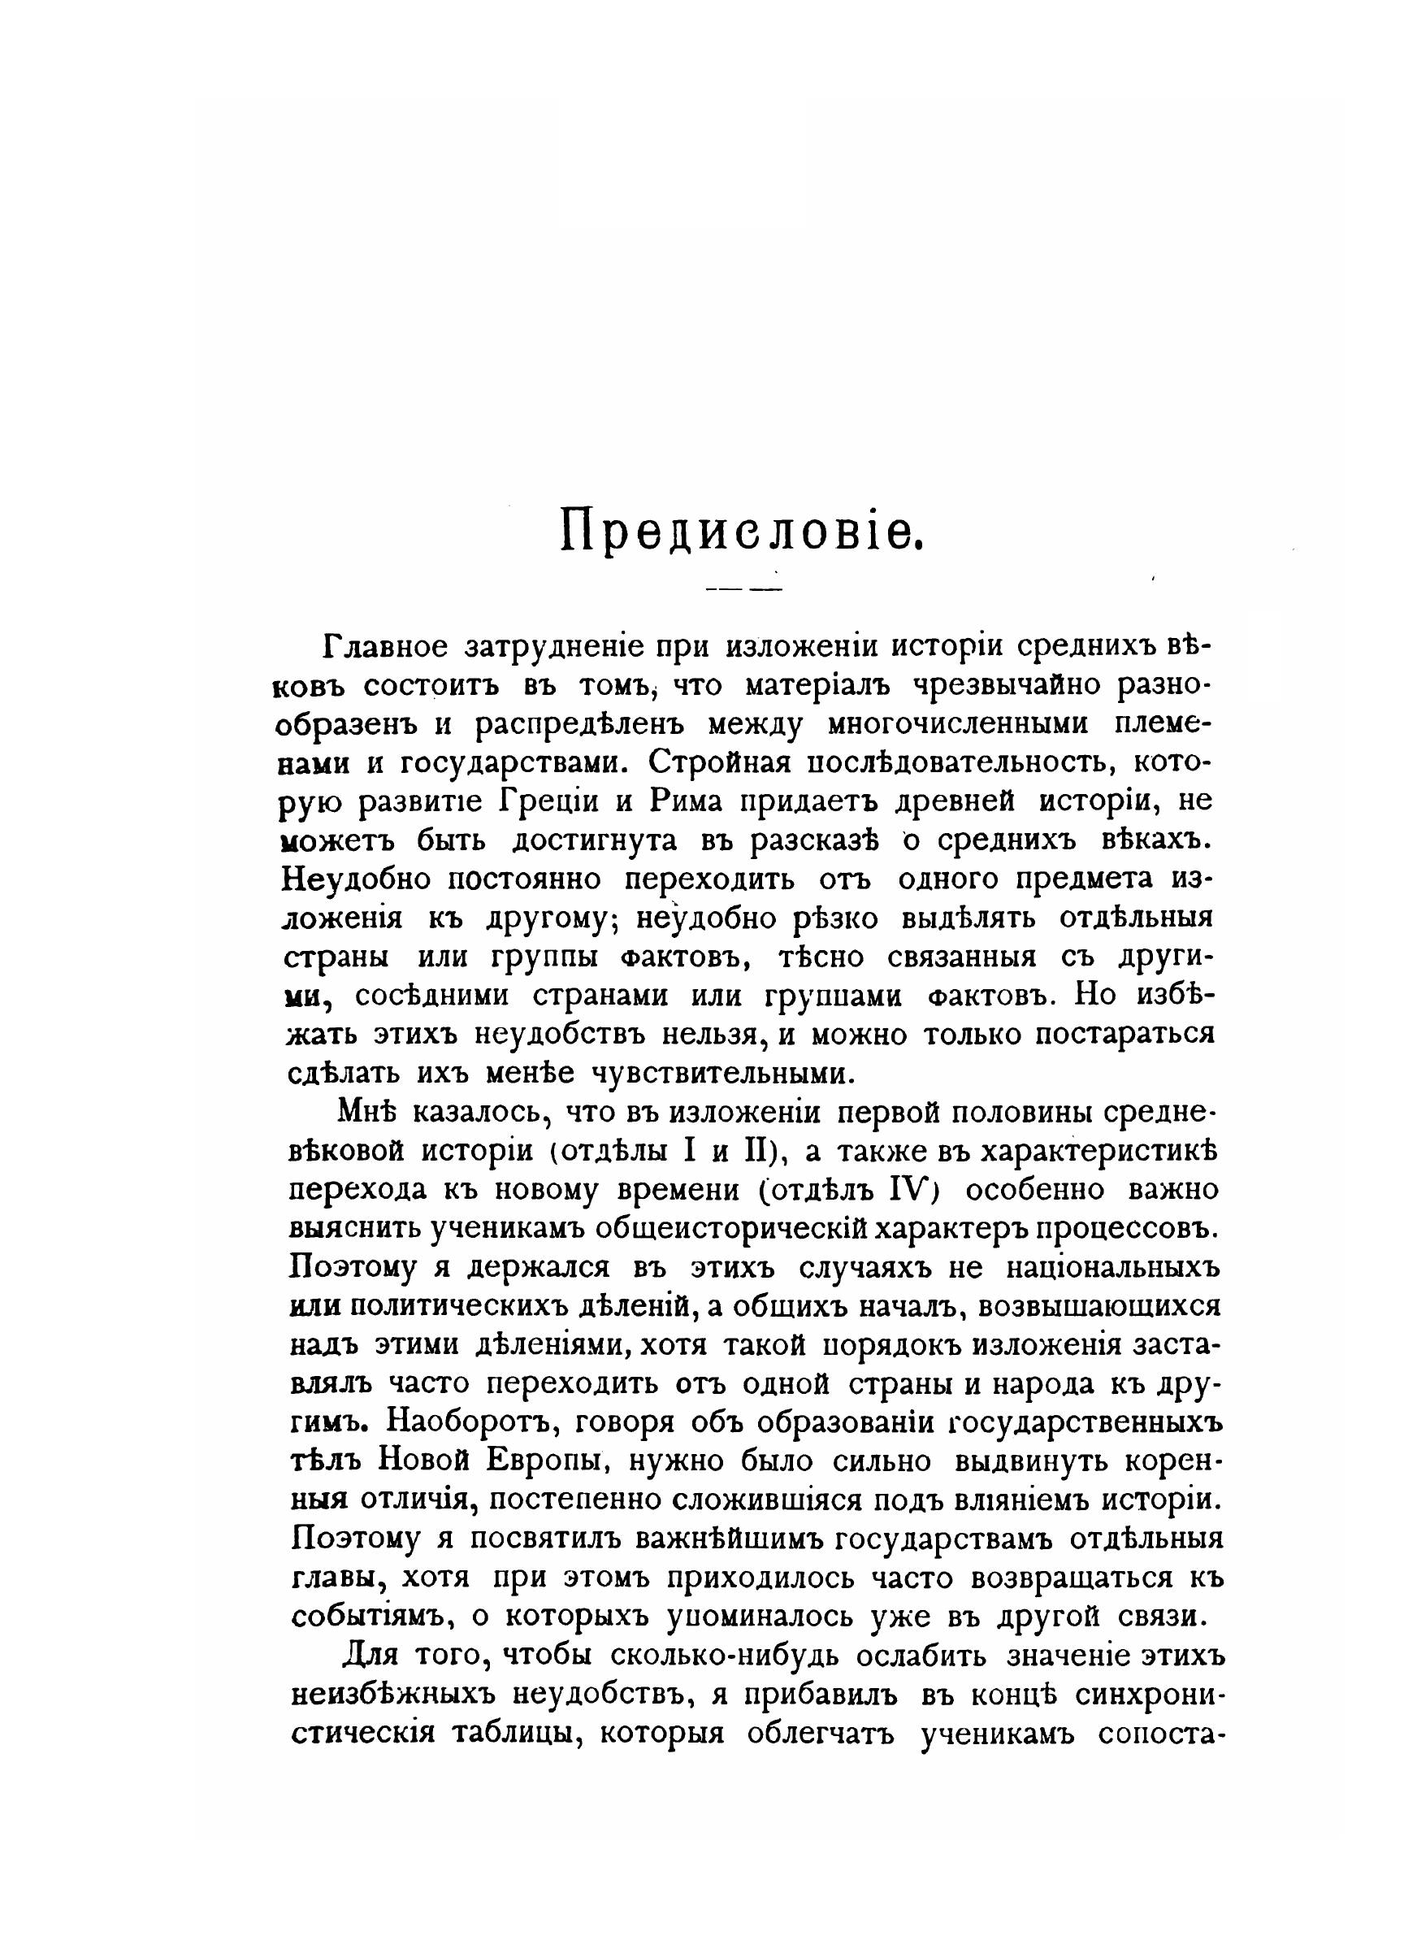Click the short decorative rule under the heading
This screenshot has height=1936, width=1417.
click(743, 590)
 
